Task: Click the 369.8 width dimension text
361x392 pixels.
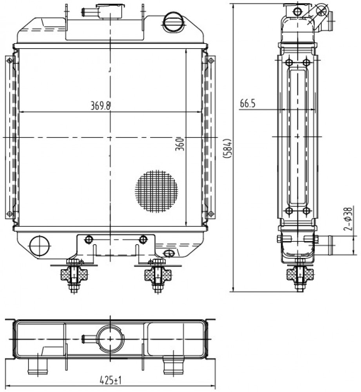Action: pyautogui.click(x=100, y=106)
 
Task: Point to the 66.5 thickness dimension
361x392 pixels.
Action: pyautogui.click(x=248, y=103)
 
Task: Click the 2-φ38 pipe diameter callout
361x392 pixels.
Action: pyautogui.click(x=348, y=218)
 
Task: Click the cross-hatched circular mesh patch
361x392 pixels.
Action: pyautogui.click(x=156, y=192)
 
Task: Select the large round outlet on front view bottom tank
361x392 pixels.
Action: pyautogui.click(x=40, y=245)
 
